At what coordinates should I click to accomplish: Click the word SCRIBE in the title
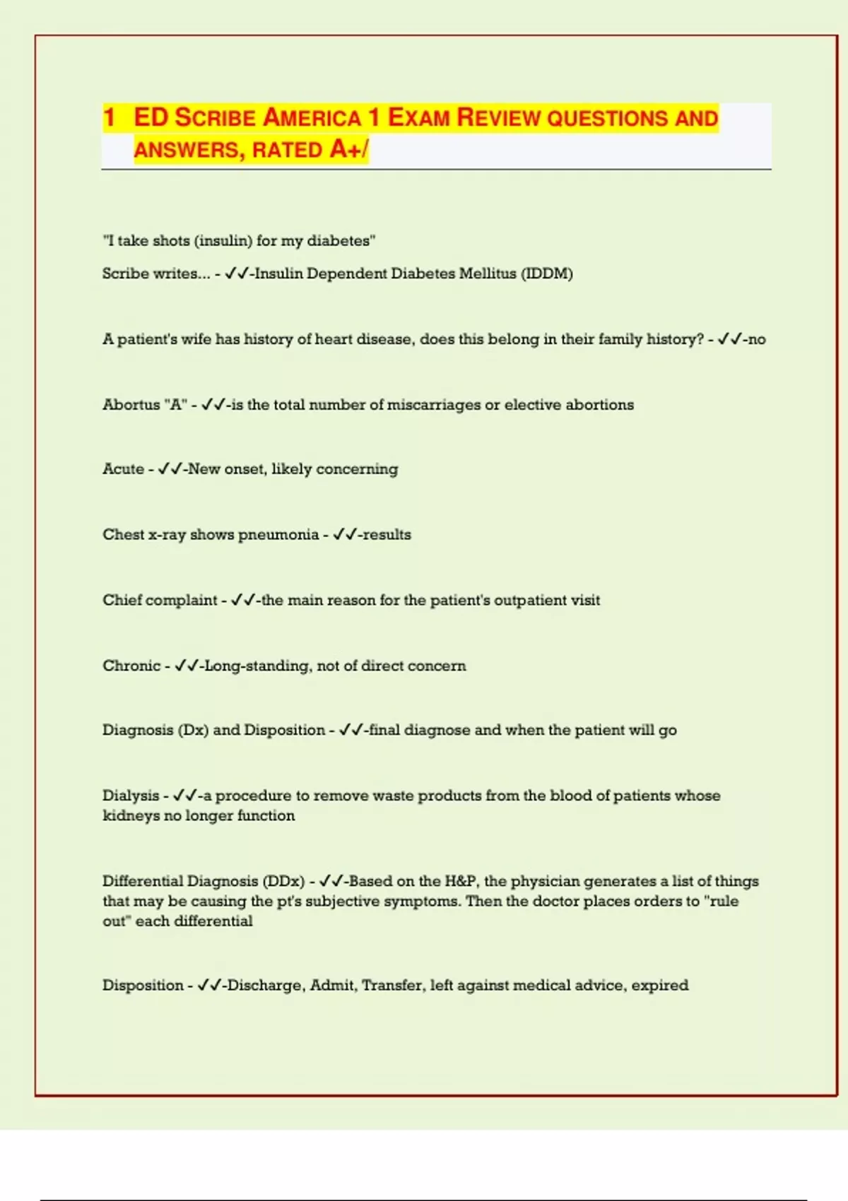pos(215,118)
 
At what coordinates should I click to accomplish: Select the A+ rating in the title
pos(346,150)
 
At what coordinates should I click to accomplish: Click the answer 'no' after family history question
pos(757,339)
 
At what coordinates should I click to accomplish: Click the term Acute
pos(123,469)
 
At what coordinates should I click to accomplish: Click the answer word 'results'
pos(387,535)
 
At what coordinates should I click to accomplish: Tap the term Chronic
pos(131,665)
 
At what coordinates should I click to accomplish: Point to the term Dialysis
pos(131,795)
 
